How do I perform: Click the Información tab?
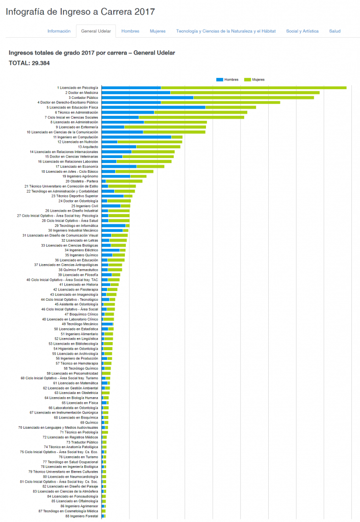[59, 31]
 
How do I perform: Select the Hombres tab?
[131, 31]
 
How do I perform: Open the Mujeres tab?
[158, 31]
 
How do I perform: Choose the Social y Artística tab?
[302, 31]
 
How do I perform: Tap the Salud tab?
[335, 31]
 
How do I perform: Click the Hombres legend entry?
[227, 80]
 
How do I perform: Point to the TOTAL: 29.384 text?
[29, 63]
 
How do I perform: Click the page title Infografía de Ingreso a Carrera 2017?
[81, 11]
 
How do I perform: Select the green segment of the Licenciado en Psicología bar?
[253, 88]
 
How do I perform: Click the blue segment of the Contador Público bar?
[147, 97]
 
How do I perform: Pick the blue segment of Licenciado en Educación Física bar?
[153, 107]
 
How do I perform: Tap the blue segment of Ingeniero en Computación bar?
[136, 137]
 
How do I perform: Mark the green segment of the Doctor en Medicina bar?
[245, 93]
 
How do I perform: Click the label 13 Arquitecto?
[88, 147]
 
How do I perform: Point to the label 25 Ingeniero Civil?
[85, 206]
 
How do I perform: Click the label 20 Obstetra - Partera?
[82, 181]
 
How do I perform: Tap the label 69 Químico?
[89, 423]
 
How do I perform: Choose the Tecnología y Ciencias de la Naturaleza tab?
[226, 31]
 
